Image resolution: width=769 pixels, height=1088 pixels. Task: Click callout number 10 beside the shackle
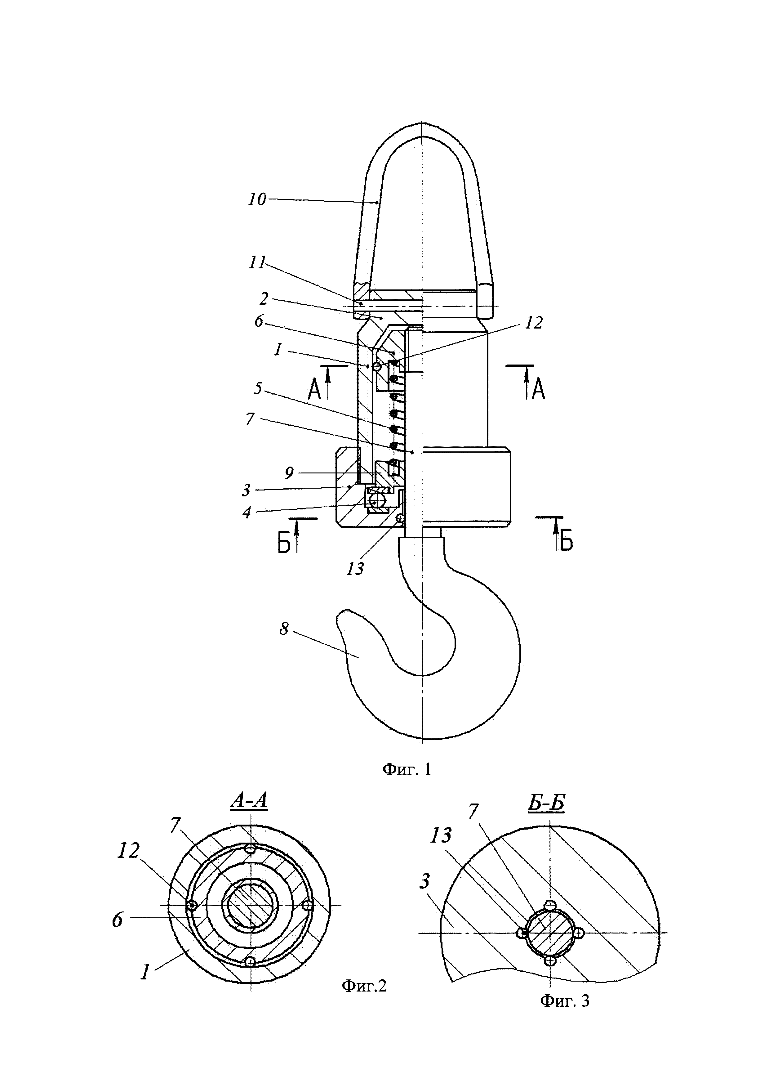click(x=257, y=199)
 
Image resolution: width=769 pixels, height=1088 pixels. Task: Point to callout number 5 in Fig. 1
click(x=258, y=388)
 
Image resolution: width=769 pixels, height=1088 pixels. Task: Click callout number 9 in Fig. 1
click(x=289, y=472)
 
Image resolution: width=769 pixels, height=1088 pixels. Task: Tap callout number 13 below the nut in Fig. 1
click(x=355, y=569)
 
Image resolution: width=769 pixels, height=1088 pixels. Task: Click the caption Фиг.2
click(x=364, y=986)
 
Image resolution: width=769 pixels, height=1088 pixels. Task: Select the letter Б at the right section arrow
click(x=566, y=542)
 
